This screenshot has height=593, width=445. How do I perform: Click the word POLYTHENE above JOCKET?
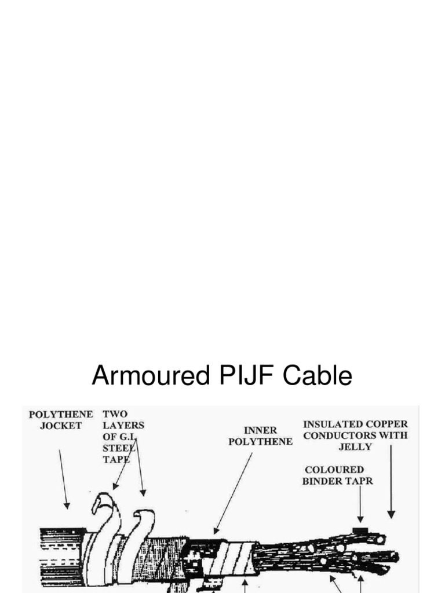tap(61, 415)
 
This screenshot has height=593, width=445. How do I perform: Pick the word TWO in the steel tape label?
tap(115, 415)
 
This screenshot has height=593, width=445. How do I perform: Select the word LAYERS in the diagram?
tap(123, 426)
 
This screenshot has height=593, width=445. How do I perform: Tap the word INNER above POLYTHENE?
tap(260, 431)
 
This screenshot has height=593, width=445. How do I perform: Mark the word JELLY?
tap(355, 446)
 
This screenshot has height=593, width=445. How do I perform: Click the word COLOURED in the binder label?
tap(334, 470)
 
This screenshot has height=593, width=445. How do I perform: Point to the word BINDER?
tap(322, 481)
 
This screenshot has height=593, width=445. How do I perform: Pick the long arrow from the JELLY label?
tap(391, 481)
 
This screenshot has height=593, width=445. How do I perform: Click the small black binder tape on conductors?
tap(360, 529)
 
